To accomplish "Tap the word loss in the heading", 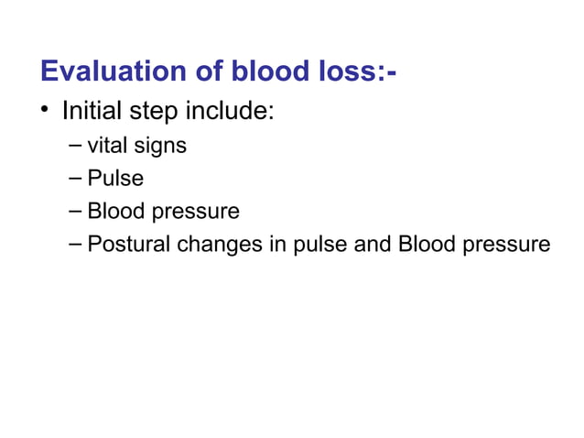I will click(x=348, y=71).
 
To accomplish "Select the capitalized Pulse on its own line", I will click(x=115, y=178).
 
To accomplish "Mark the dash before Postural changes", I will click(x=74, y=245).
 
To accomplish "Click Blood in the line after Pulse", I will click(x=114, y=211).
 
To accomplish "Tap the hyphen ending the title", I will click(x=392, y=73).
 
